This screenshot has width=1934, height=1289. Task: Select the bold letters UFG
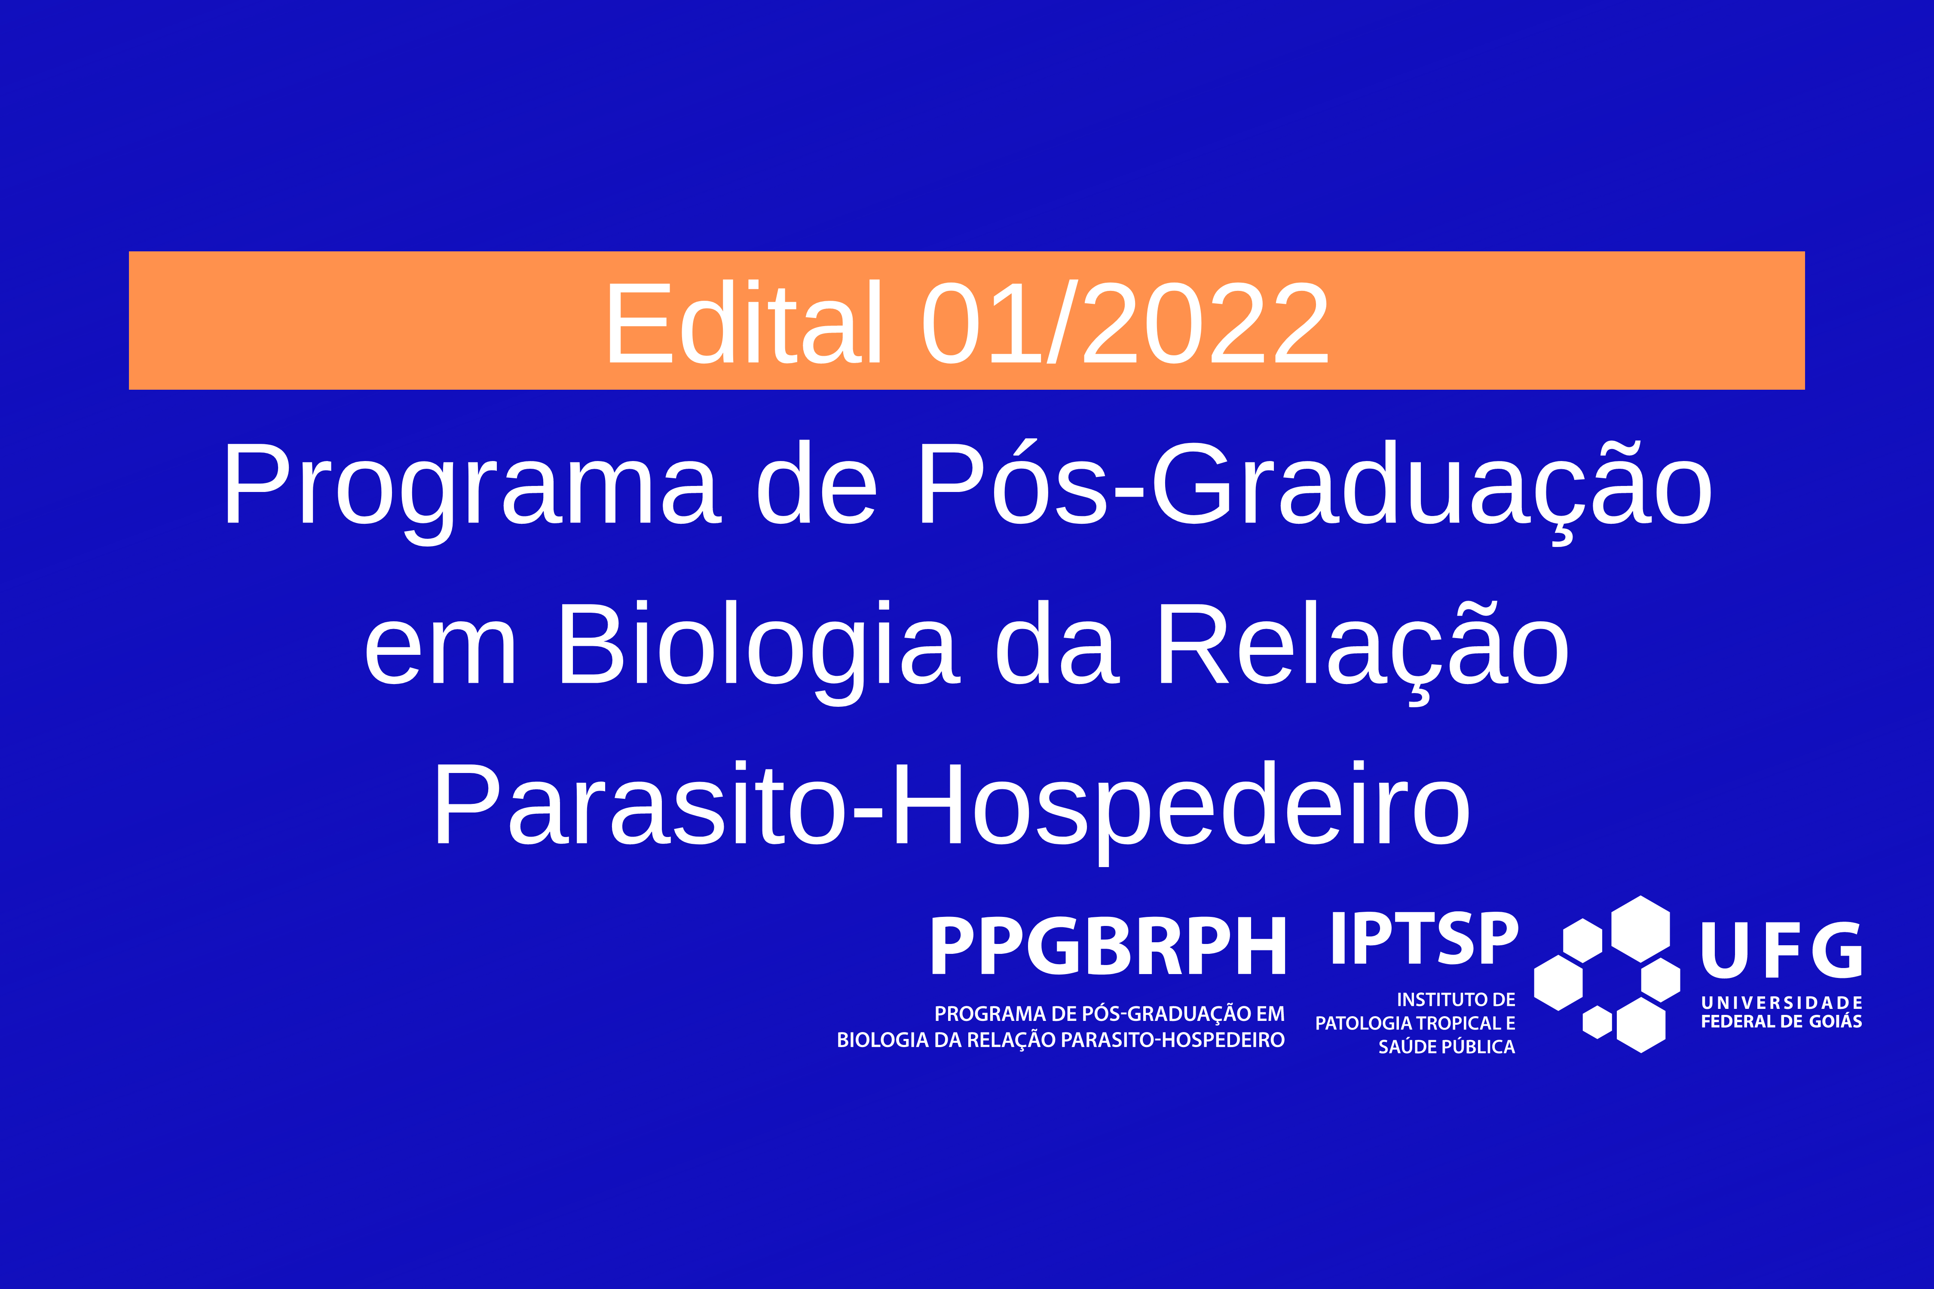point(1781,950)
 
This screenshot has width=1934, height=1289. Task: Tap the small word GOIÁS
point(1835,1021)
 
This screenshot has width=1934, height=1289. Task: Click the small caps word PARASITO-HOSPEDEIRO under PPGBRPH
point(1172,1040)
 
